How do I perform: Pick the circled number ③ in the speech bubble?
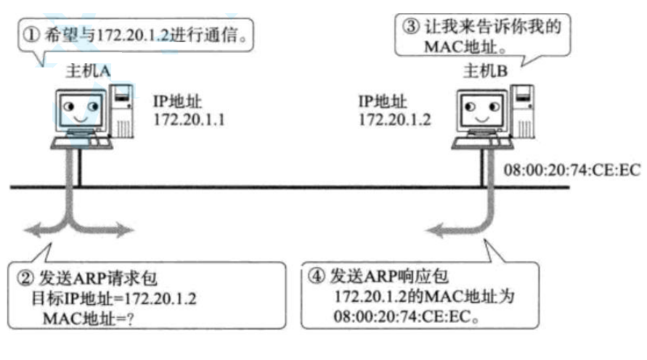tap(410, 25)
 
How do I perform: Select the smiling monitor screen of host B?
tap(477, 111)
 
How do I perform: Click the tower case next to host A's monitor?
tap(123, 110)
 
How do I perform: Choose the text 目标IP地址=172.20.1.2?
tap(113, 298)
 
